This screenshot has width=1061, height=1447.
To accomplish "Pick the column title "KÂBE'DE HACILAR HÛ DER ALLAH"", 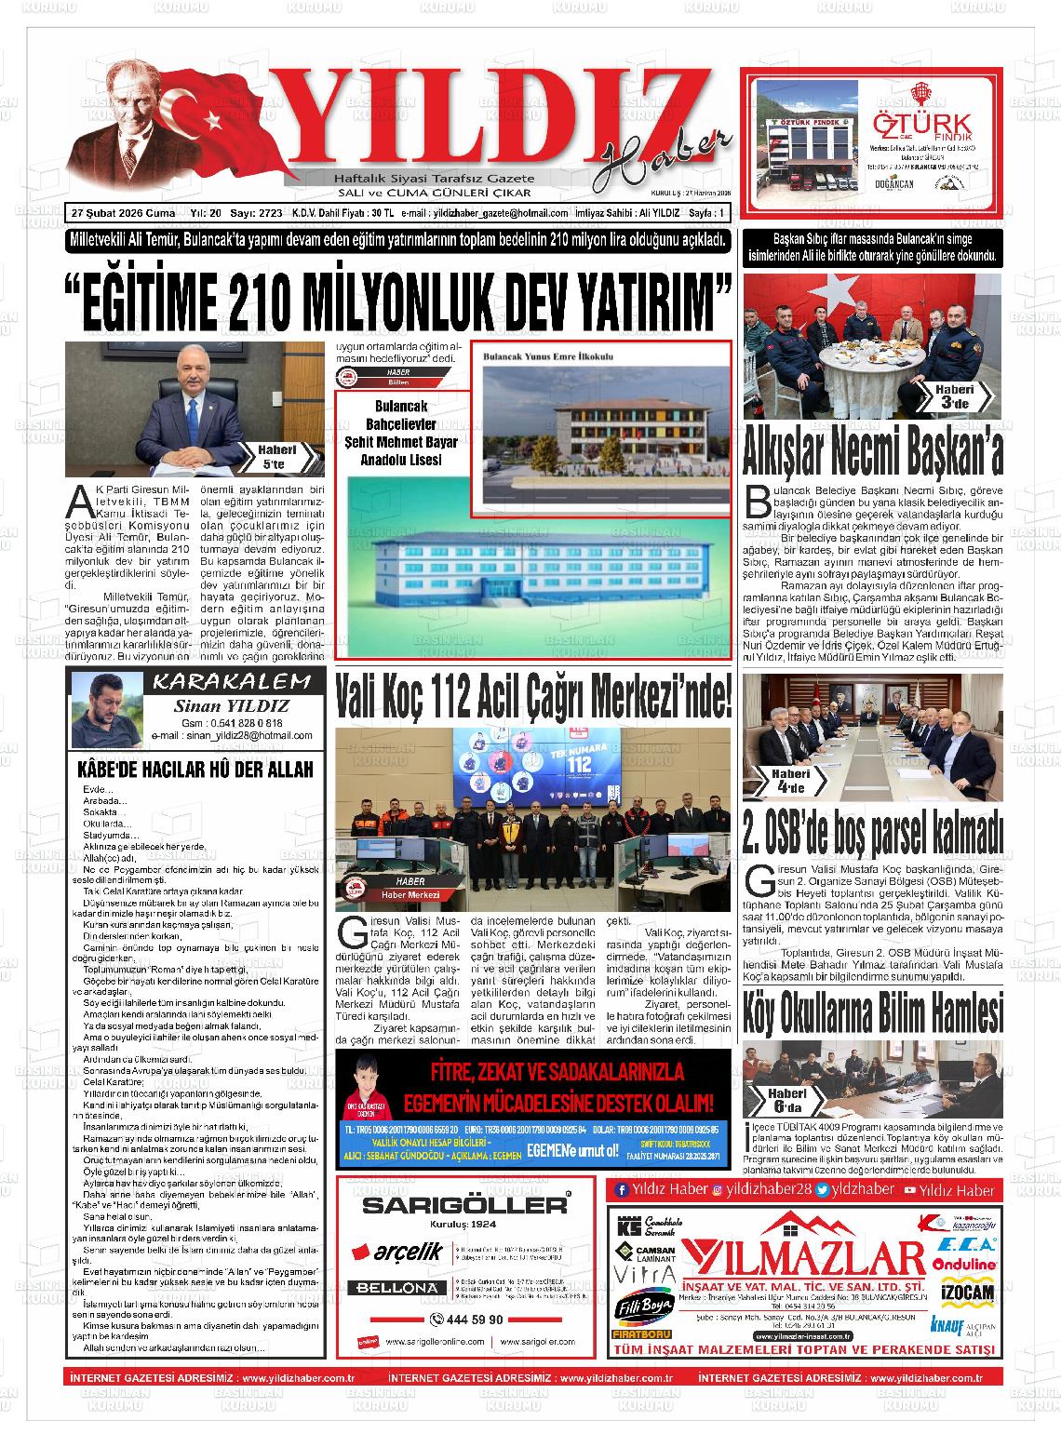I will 195,770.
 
